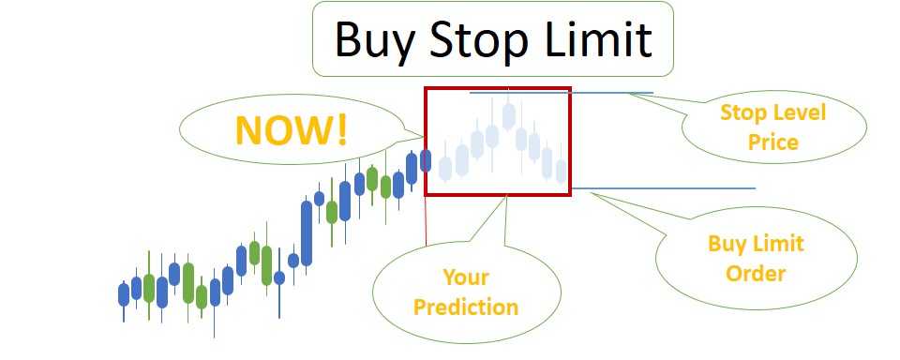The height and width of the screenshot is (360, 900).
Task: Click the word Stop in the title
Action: [x=481, y=40]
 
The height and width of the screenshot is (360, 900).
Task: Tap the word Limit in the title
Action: [x=600, y=40]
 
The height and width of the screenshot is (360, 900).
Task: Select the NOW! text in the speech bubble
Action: [x=292, y=130]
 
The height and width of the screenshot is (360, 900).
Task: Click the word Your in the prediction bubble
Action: [x=466, y=277]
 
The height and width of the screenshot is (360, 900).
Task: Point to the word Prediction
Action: [x=466, y=307]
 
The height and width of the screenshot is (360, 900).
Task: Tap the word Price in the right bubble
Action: [x=772, y=142]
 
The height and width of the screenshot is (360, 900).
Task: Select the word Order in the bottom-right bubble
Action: [x=756, y=274]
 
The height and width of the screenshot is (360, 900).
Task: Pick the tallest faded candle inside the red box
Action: [x=508, y=116]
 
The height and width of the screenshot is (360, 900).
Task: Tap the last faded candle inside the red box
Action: [x=561, y=171]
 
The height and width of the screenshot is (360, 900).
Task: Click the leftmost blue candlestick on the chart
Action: [x=124, y=294]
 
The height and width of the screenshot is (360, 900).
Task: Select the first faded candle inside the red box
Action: [x=445, y=168]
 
